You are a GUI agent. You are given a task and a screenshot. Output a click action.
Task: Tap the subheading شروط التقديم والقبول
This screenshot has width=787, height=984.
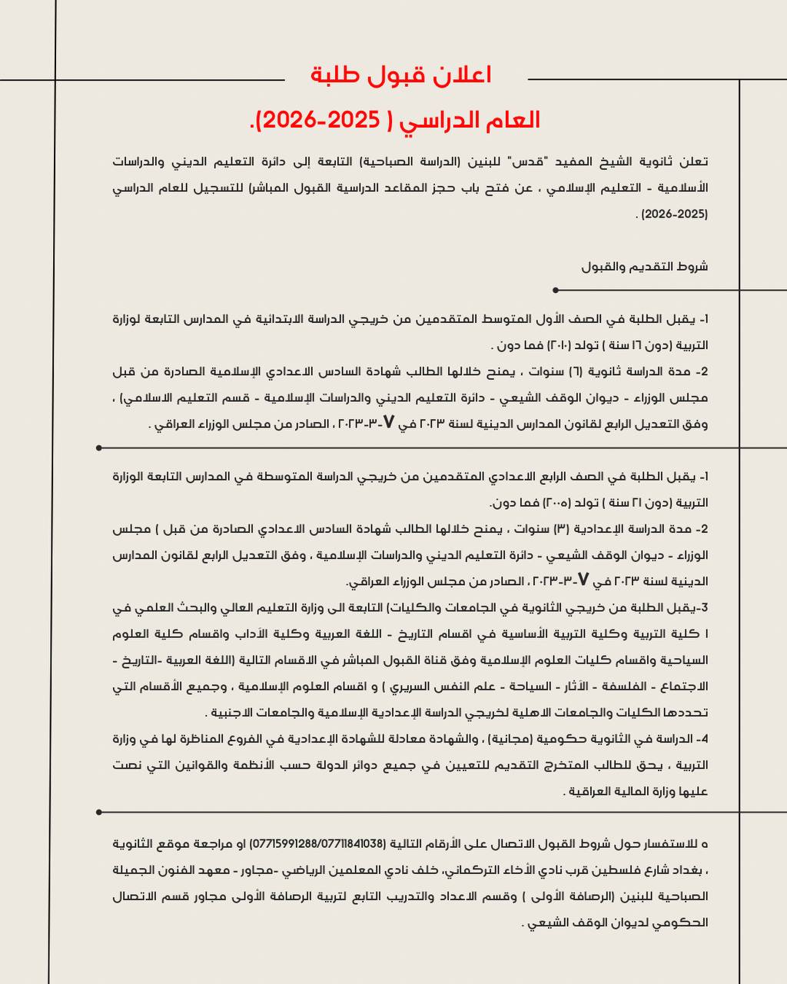coord(644,267)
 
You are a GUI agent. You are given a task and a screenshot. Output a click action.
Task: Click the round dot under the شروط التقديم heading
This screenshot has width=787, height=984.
coord(556,291)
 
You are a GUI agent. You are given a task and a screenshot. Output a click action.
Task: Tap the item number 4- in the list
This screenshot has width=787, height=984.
coord(702,739)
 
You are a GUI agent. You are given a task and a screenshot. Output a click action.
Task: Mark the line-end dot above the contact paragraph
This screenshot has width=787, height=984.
coord(99,812)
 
